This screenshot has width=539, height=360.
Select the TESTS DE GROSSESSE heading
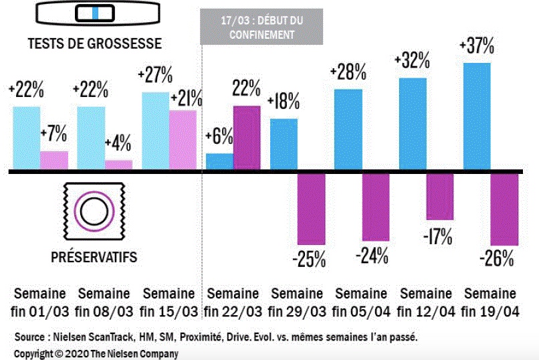click(94, 43)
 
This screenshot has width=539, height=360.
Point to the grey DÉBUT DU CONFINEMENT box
click(261, 27)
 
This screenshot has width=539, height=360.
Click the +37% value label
click(476, 47)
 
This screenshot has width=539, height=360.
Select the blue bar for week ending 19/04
click(477, 117)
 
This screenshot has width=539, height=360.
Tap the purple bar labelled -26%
click(505, 209)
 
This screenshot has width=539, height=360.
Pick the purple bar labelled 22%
click(247, 139)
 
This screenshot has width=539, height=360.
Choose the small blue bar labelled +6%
click(219, 163)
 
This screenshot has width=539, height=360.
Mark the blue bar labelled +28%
click(348, 130)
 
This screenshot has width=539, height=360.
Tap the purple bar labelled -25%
click(312, 208)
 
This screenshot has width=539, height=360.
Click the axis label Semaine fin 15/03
click(169, 302)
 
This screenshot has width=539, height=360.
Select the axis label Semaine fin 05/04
click(361, 302)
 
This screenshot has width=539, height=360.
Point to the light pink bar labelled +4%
click(118, 165)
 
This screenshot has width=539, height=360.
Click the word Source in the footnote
click(31, 337)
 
